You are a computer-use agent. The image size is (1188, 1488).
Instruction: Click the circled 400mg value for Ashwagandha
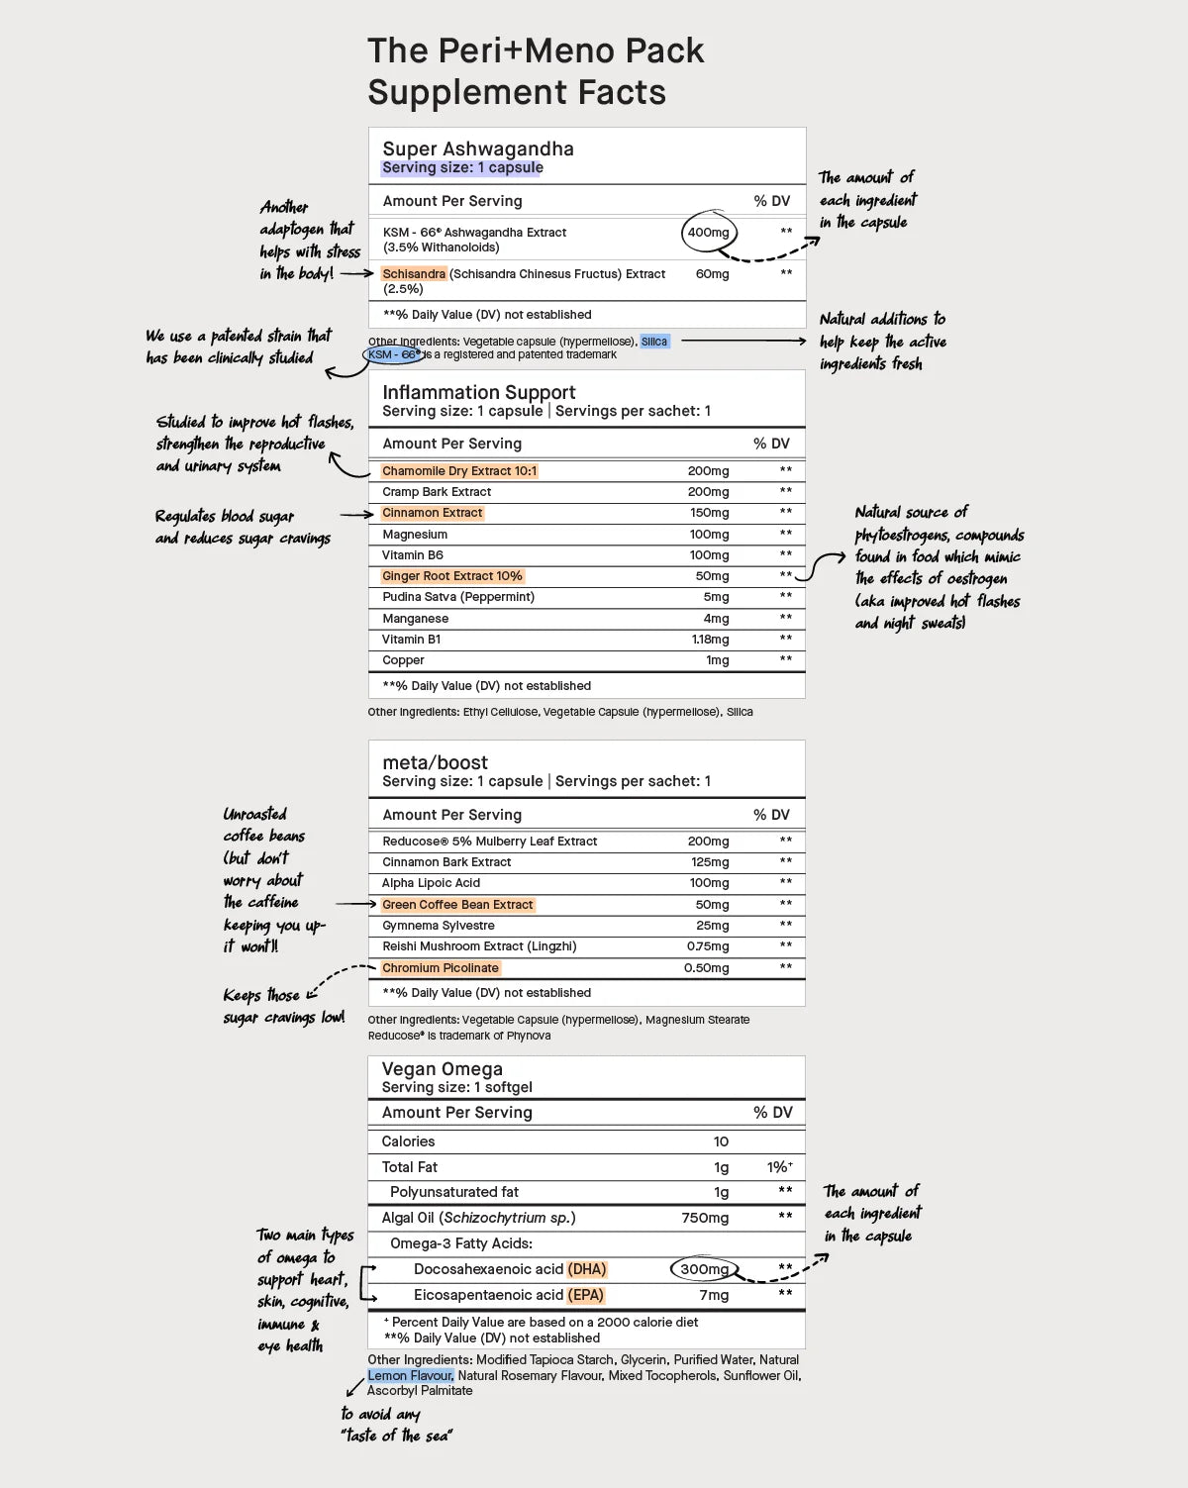(x=709, y=233)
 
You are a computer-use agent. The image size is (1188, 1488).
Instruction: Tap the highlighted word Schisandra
(x=414, y=274)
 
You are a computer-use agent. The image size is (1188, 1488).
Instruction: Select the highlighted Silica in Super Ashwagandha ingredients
(x=654, y=342)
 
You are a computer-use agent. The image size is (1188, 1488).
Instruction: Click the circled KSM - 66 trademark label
(x=394, y=354)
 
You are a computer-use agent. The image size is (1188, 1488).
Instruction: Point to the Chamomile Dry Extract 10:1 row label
(x=459, y=471)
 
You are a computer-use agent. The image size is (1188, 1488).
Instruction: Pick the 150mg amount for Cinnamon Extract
(x=709, y=513)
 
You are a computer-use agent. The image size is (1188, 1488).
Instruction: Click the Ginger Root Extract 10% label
(x=452, y=576)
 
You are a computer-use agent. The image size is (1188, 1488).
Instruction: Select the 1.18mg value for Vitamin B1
(x=710, y=640)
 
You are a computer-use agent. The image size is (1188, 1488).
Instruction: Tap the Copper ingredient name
(x=403, y=660)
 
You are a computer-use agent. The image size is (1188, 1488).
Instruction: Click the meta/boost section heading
(x=435, y=762)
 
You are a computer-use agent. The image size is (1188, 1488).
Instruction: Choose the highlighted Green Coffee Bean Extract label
(x=457, y=905)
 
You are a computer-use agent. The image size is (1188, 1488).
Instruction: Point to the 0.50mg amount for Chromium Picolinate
(x=706, y=968)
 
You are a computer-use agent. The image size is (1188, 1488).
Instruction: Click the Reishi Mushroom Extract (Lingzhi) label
(x=479, y=946)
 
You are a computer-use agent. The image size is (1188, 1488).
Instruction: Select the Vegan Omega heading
(x=442, y=1069)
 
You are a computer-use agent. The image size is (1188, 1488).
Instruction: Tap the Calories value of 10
(x=721, y=1141)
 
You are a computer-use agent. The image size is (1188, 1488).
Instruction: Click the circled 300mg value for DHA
(x=704, y=1269)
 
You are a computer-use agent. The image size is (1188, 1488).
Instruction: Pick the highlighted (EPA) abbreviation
(x=585, y=1295)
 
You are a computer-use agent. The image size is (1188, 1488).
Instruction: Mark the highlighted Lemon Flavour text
(x=411, y=1375)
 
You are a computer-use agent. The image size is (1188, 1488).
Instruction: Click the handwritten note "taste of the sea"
(x=397, y=1436)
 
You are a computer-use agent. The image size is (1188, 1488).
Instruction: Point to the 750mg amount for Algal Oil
(x=705, y=1218)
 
